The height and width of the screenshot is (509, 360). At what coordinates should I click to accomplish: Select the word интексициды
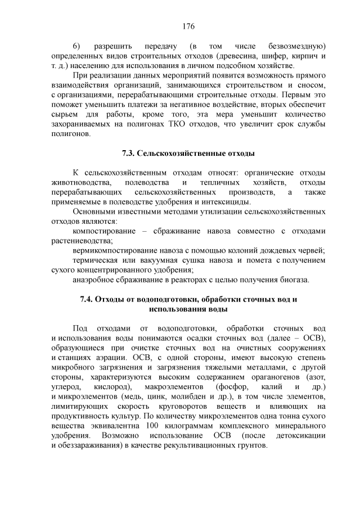227,202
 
